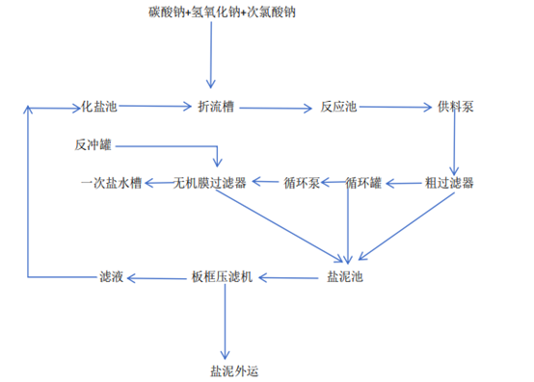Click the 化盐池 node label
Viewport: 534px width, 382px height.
[x=100, y=106]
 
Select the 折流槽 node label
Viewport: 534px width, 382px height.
[x=216, y=106]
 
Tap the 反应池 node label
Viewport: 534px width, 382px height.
[x=338, y=106]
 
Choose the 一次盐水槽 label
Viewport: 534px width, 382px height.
[x=111, y=182]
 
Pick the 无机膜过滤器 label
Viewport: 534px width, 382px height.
[x=209, y=182]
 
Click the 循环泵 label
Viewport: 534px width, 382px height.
[x=301, y=182]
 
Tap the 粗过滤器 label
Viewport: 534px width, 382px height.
[x=449, y=182]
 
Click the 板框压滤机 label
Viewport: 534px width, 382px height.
[x=223, y=279]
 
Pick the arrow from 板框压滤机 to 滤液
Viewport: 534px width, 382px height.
[x=158, y=279]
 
